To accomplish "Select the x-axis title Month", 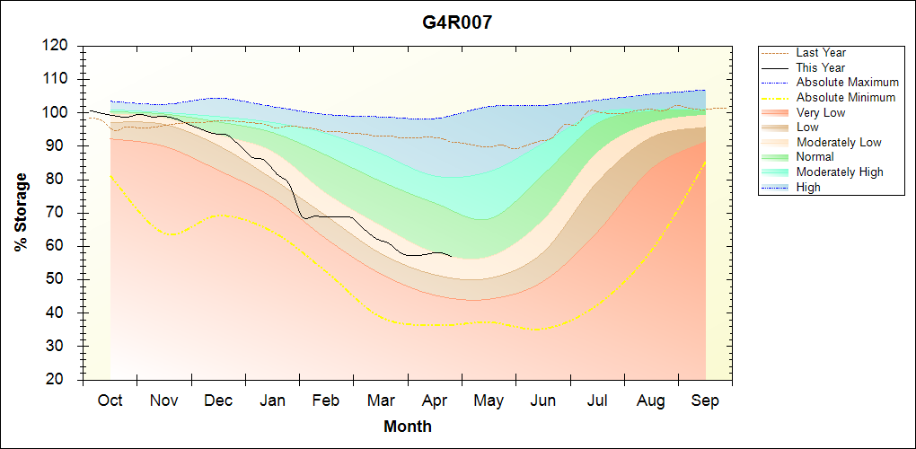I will pos(408,427).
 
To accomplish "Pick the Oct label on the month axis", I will pos(110,401).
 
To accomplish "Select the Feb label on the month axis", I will pos(326,401).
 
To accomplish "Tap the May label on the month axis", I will pos(489,401).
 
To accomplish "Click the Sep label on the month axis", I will pos(705,401).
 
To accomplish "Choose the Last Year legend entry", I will pos(821,53).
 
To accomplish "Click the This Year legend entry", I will pos(821,67).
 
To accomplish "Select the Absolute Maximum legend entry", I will pos(847,83).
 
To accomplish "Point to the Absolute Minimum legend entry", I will pos(846,98).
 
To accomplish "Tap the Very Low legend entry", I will pos(821,112).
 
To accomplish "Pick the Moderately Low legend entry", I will pos(839,143).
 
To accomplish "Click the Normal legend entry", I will pos(815,157).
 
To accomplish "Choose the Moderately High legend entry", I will pos(840,172).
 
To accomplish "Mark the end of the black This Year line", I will pos(452,256).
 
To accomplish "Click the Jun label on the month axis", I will pos(542,401).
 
